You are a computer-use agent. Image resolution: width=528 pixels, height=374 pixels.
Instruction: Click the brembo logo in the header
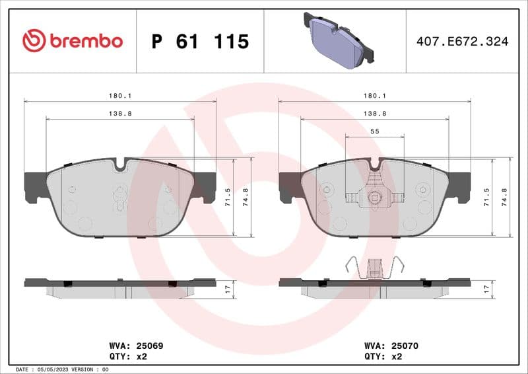click(73, 41)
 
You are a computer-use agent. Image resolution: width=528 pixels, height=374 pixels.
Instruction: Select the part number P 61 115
click(200, 42)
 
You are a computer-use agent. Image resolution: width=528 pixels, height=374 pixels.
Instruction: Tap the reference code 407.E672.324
click(462, 42)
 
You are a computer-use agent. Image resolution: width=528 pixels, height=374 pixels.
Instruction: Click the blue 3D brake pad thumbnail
click(337, 40)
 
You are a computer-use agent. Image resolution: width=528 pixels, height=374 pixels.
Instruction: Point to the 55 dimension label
click(375, 131)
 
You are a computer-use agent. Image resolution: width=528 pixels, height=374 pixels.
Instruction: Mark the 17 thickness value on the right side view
click(486, 289)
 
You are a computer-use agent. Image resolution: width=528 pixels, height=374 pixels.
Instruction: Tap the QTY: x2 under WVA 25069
click(126, 356)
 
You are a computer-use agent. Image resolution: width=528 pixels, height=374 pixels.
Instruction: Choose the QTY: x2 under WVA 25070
click(382, 356)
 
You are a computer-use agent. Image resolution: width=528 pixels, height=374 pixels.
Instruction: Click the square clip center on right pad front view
click(375, 196)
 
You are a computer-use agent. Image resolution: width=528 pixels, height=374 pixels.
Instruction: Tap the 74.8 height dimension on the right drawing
click(505, 197)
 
